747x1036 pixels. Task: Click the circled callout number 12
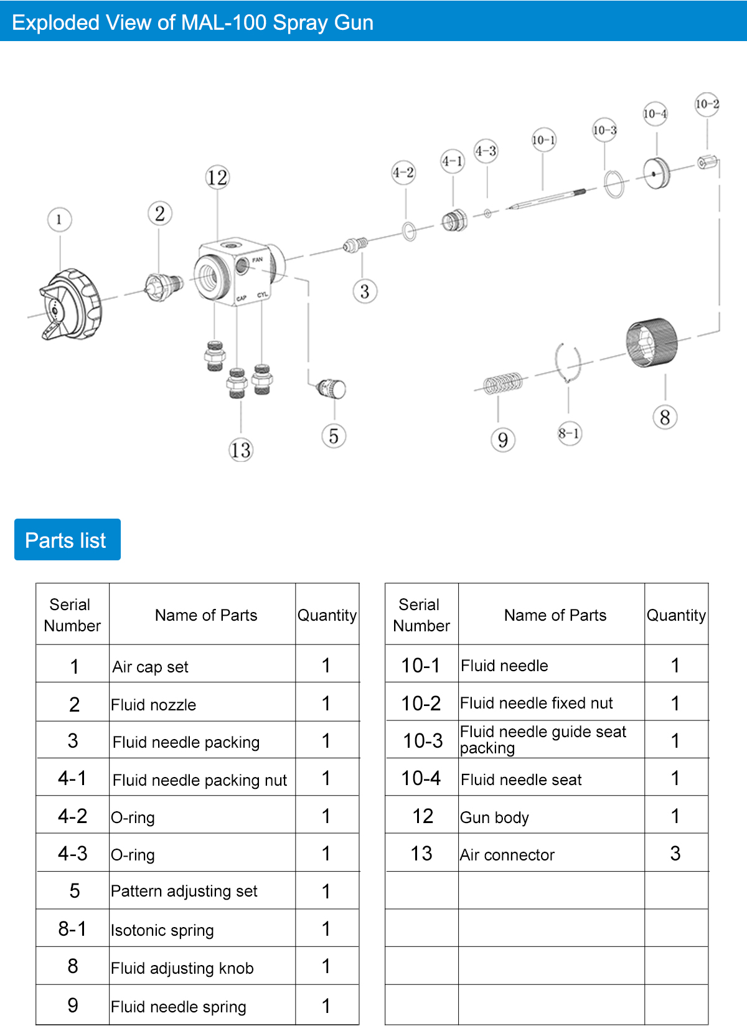point(217,177)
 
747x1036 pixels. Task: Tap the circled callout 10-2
point(707,104)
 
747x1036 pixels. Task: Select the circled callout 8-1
point(569,433)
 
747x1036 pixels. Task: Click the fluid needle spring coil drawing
point(503,384)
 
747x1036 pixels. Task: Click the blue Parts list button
point(67,540)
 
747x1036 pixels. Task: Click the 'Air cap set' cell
point(151,667)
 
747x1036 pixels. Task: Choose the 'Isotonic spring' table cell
point(162,930)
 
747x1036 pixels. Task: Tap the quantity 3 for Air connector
point(675,854)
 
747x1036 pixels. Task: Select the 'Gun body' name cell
point(495,817)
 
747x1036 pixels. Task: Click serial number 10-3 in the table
point(423,740)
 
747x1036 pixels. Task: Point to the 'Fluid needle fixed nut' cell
point(537,703)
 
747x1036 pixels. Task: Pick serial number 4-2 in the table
point(73,816)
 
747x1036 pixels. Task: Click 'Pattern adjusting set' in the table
point(184,891)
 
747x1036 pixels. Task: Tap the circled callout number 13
point(240,450)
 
